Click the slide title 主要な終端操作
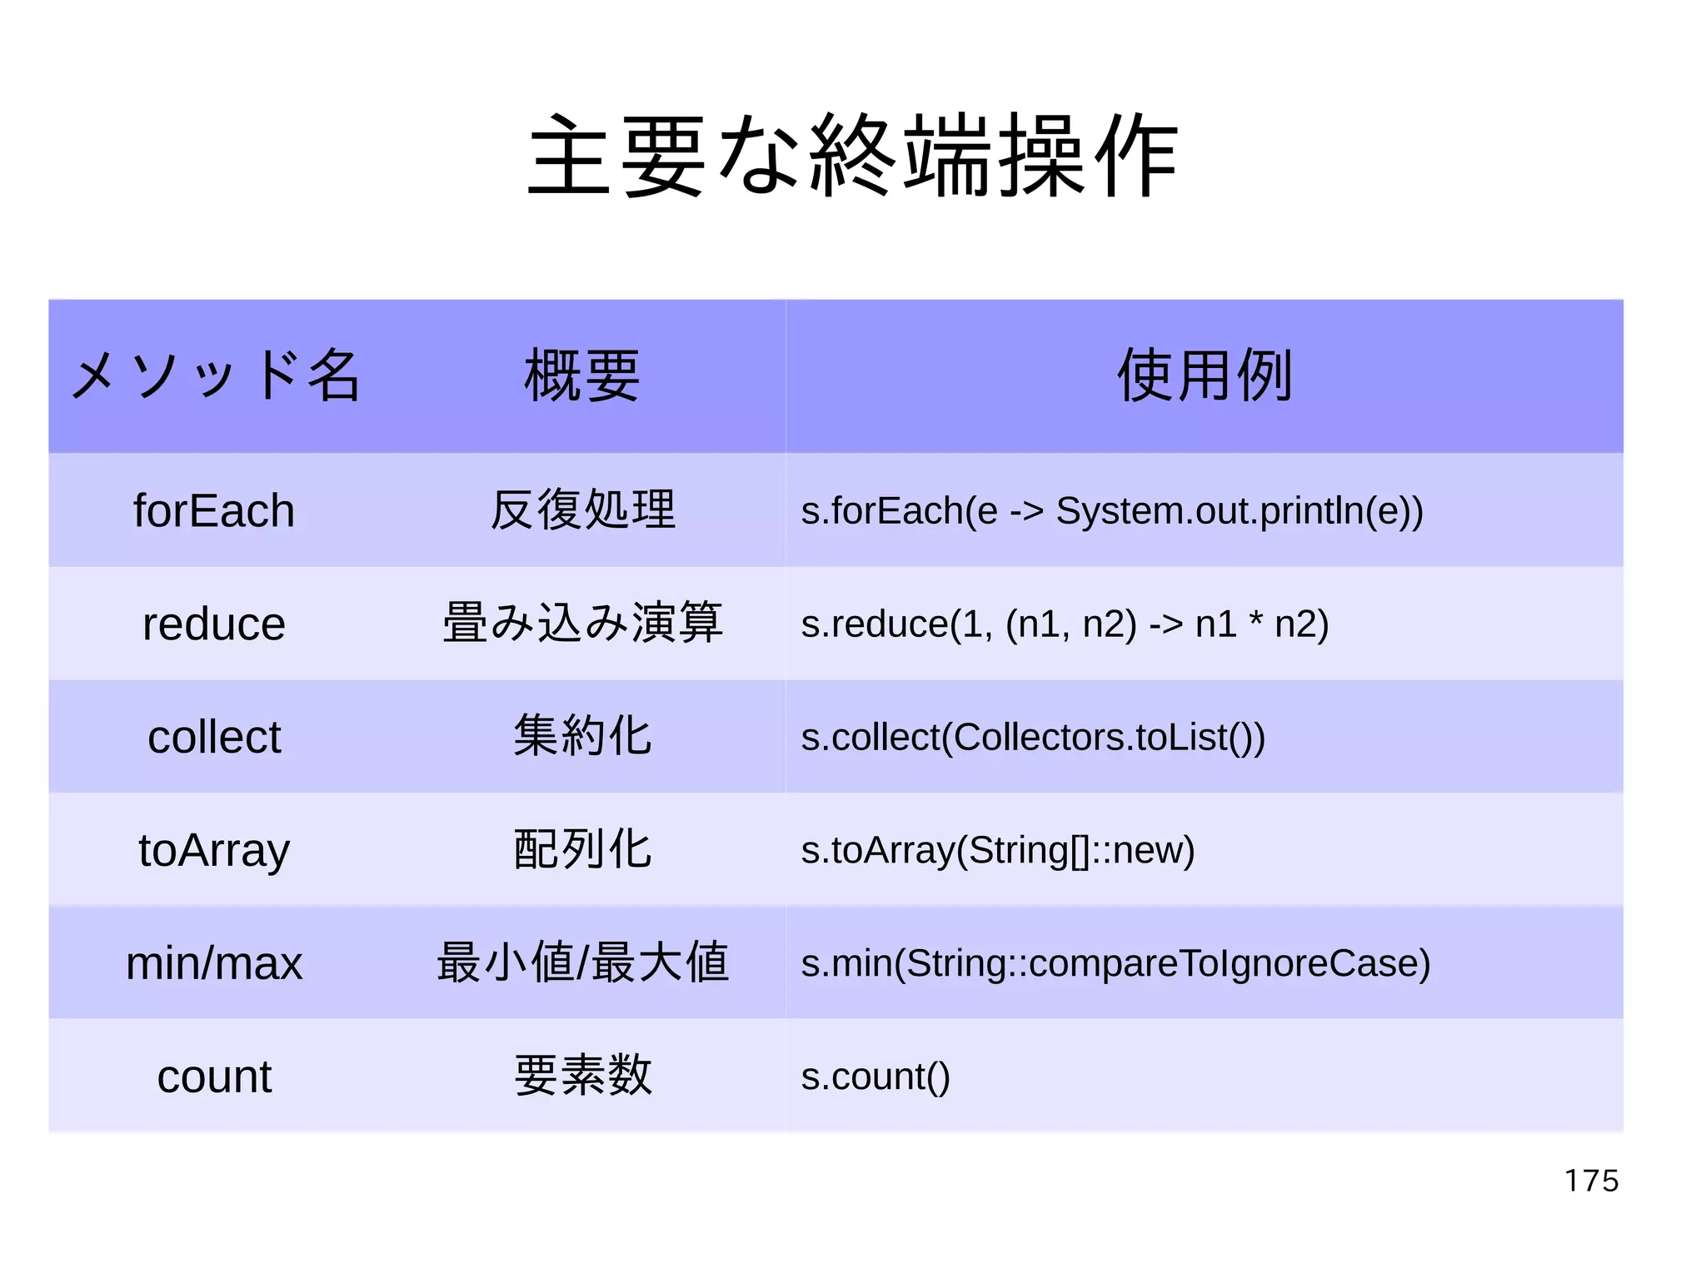tap(853, 157)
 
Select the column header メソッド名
tap(215, 375)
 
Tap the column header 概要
tap(582, 375)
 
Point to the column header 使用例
tap(1205, 375)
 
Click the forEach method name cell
tap(214, 510)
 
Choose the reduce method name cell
tap(214, 624)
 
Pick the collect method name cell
tap(214, 737)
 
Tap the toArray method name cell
tap(214, 850)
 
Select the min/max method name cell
tap(214, 963)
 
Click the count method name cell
tap(214, 1077)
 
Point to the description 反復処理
tap(582, 510)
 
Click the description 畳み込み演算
tap(582, 623)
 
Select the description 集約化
tap(582, 736)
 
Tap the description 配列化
tap(582, 849)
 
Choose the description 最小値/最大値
tap(582, 962)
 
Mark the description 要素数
tap(582, 1076)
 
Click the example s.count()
tap(875, 1077)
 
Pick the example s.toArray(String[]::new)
tap(998, 850)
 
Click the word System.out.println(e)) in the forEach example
tap(1240, 510)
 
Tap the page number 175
tap(1591, 1181)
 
